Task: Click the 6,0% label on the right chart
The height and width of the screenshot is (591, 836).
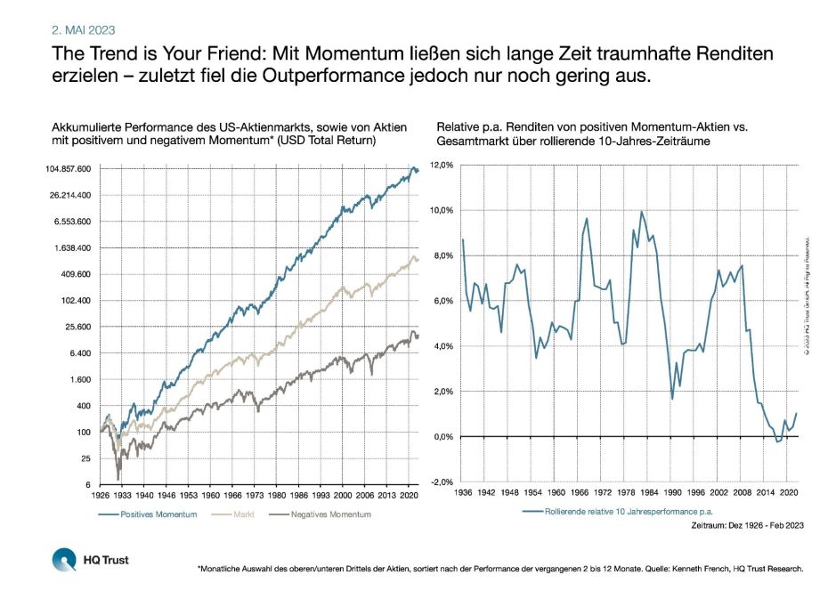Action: tap(442, 302)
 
